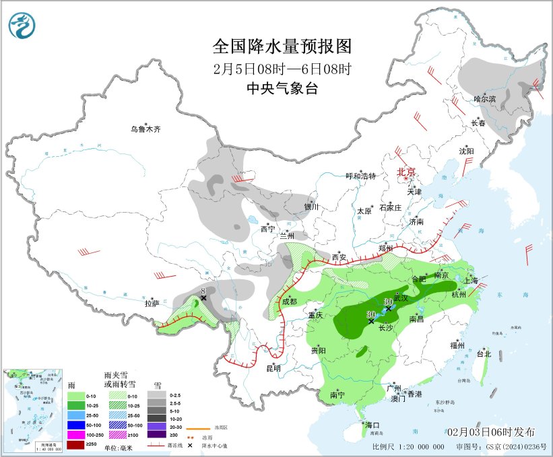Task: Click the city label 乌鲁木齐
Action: click(x=146, y=129)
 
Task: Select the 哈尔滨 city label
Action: click(x=484, y=100)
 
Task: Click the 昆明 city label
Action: click(x=273, y=368)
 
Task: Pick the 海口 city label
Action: click(x=372, y=425)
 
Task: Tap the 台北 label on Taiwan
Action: click(x=484, y=354)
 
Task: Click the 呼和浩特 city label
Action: click(x=360, y=176)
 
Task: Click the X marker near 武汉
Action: click(x=389, y=308)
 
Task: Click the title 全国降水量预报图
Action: click(x=282, y=46)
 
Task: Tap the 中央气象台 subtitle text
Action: click(x=282, y=88)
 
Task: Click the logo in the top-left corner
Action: click(x=22, y=24)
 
